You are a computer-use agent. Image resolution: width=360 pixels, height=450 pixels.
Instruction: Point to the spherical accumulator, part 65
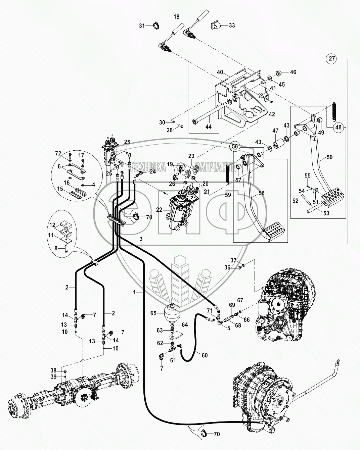coord(172,313)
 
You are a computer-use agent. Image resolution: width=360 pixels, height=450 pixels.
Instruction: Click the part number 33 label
coord(232,25)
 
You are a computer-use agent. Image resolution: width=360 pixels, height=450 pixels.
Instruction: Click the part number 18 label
coord(177,16)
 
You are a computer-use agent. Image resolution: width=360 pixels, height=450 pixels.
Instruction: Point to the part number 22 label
coord(159,210)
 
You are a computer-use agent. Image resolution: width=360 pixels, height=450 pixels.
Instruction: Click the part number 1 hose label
coord(135,293)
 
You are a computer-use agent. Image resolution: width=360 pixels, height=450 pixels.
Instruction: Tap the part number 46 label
coord(293,72)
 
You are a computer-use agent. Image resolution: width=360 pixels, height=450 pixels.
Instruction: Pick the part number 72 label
coord(58,153)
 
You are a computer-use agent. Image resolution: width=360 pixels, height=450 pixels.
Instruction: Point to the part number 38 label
coord(54,370)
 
